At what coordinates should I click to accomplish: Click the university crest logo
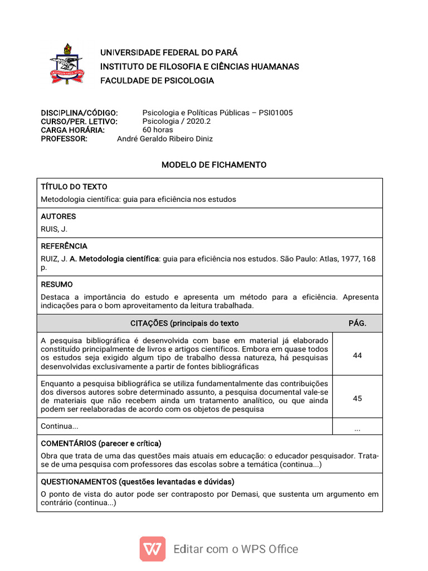66,64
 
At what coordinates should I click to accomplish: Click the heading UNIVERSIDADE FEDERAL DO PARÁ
168,52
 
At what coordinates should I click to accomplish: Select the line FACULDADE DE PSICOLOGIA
157,80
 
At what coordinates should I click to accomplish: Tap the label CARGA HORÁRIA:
72,130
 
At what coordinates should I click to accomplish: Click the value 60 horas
158,130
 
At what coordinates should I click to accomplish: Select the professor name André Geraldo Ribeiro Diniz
164,139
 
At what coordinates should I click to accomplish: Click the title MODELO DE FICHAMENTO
214,165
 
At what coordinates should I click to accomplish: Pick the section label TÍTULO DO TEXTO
74,187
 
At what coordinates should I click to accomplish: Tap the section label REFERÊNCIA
64,246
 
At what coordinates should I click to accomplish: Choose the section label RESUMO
57,284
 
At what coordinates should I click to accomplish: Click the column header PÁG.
357,323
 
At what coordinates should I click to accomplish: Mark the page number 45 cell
357,398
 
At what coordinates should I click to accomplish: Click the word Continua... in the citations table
60,426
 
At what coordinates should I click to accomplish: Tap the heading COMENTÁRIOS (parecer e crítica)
101,443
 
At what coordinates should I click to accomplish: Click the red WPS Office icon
152,549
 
